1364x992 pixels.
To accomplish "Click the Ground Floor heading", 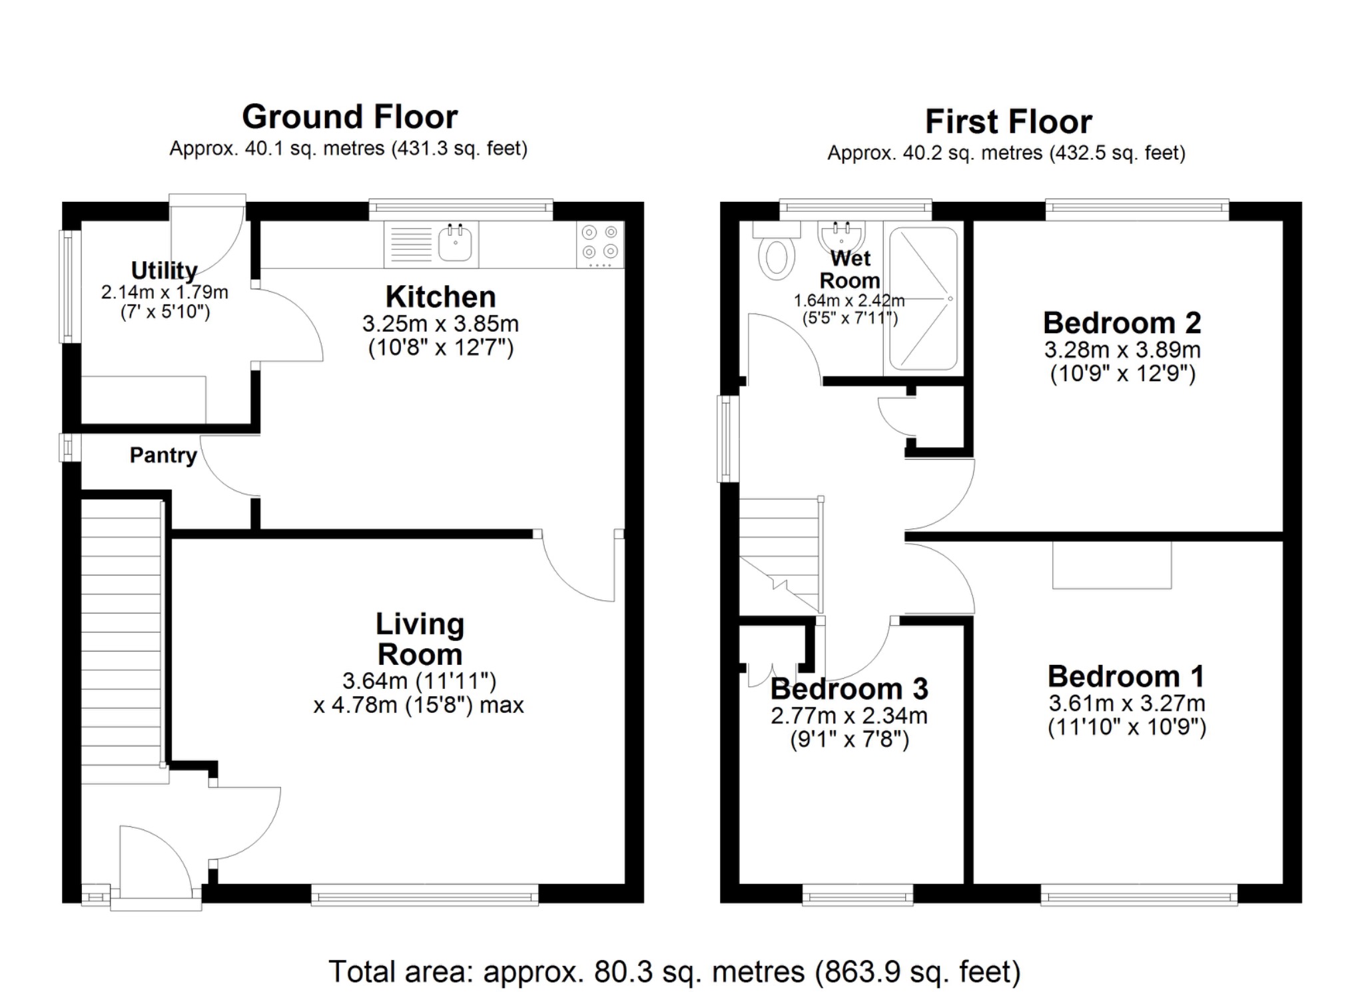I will pyautogui.click(x=350, y=117).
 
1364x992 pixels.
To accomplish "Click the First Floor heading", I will pyautogui.click(x=1008, y=122).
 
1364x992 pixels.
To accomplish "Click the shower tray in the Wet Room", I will pyautogui.click(x=923, y=298).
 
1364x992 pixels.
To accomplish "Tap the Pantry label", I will pyautogui.click(x=163, y=456).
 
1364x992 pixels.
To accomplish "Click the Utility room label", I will pyautogui.click(x=164, y=270).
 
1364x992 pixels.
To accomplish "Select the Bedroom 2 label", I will pyautogui.click(x=1122, y=323).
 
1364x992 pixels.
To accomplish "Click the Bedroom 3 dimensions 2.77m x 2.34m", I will pyautogui.click(x=849, y=716).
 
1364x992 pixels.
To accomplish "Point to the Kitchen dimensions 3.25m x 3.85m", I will pyautogui.click(x=440, y=324).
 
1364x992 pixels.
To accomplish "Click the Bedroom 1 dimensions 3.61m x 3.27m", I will pyautogui.click(x=1126, y=703).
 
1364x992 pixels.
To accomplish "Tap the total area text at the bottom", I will pyautogui.click(x=674, y=971).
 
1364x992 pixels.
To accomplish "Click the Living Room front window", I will pyautogui.click(x=424, y=894).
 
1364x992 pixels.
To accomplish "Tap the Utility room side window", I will pyautogui.click(x=69, y=286).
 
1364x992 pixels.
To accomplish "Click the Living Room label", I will pyautogui.click(x=420, y=639).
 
